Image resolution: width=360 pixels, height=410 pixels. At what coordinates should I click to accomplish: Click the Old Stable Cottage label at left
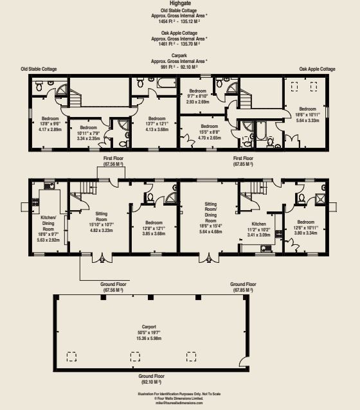[x=39, y=69]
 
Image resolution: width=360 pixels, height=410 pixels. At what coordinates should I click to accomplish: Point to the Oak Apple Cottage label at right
[x=317, y=69]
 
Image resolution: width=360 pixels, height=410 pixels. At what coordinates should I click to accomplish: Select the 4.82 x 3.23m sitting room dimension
[x=101, y=230]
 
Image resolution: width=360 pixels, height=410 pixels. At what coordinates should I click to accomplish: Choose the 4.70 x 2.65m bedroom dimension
[x=210, y=138]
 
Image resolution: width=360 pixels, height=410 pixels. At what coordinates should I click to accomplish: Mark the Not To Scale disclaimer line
[x=179, y=393]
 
